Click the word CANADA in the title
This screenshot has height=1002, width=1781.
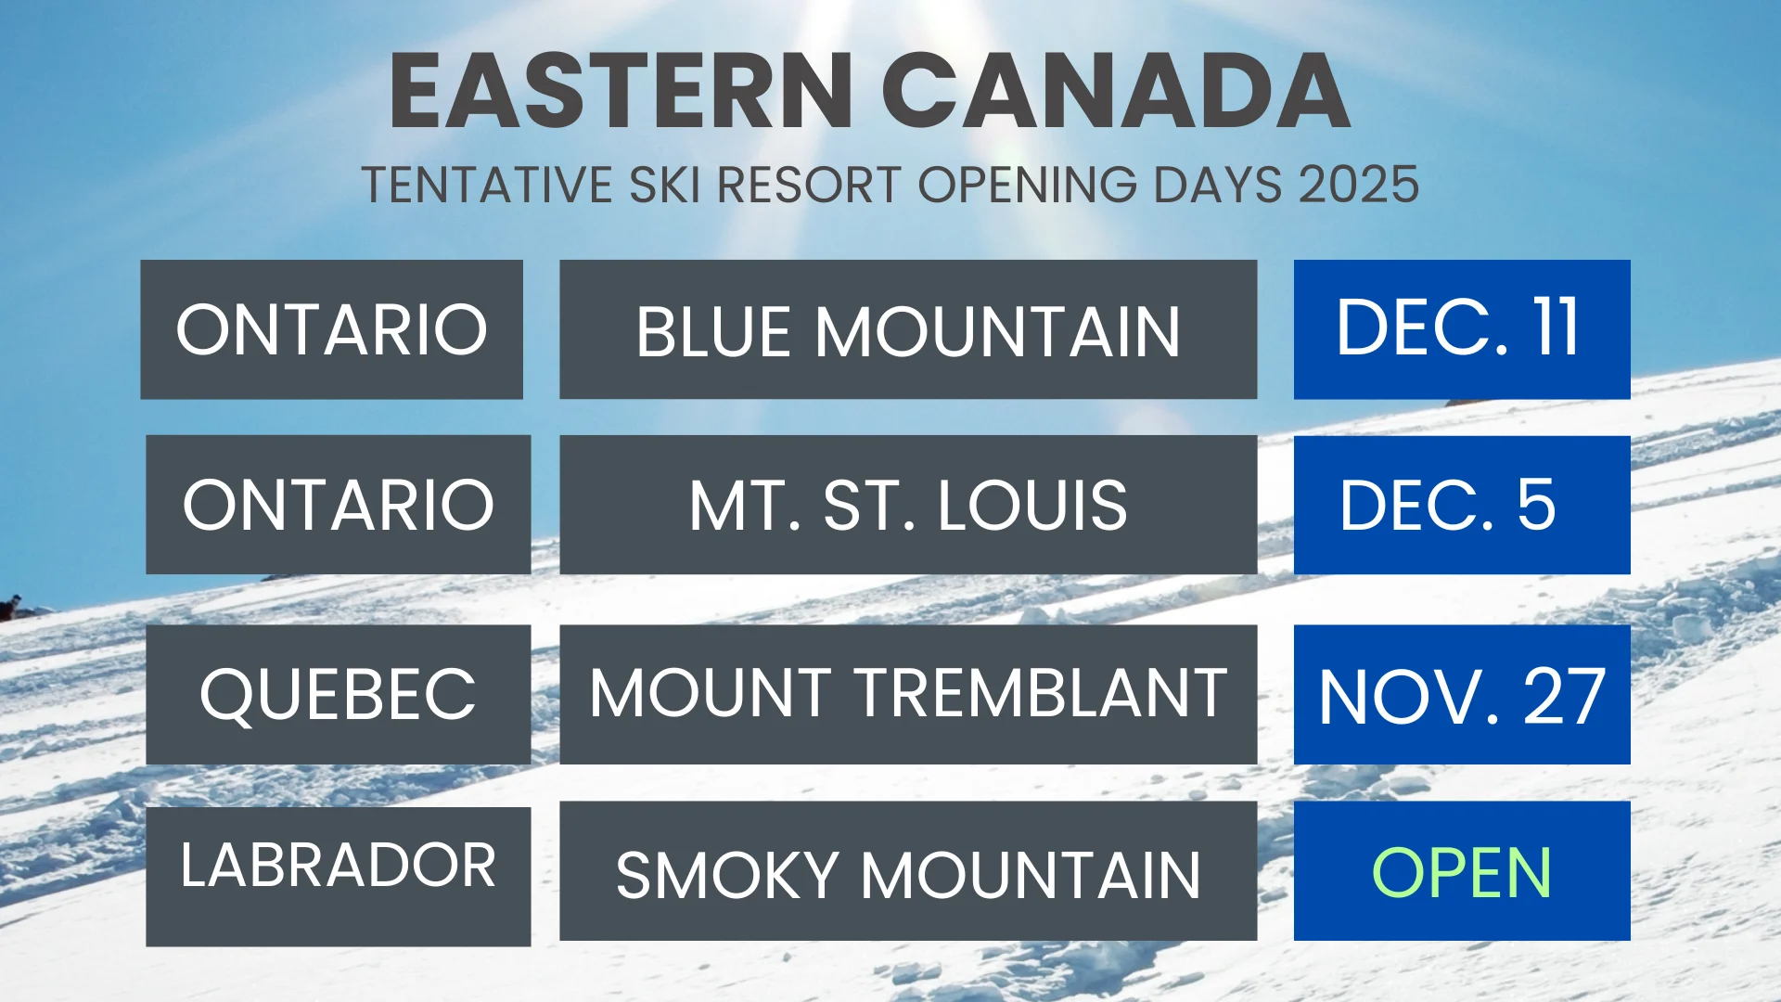1116,91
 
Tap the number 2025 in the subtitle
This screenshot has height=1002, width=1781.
1359,185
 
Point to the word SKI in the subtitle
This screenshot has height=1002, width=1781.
664,185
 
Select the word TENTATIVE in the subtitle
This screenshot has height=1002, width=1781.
487,185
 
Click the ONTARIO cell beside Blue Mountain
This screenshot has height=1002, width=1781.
331,329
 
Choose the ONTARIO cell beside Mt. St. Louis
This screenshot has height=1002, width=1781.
338,505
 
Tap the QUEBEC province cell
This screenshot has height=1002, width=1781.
338,694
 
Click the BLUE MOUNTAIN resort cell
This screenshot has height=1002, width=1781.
908,329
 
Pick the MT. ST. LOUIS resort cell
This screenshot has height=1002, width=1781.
908,505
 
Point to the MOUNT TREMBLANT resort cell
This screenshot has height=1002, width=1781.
908,694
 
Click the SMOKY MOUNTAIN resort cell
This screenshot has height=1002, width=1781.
908,871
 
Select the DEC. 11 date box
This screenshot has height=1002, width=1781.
1462,329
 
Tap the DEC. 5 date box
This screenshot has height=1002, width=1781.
1462,505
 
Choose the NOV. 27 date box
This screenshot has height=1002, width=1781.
1462,694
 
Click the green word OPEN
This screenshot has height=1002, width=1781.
1462,872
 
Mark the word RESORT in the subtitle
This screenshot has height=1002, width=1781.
809,185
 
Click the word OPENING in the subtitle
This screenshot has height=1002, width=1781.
1028,185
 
